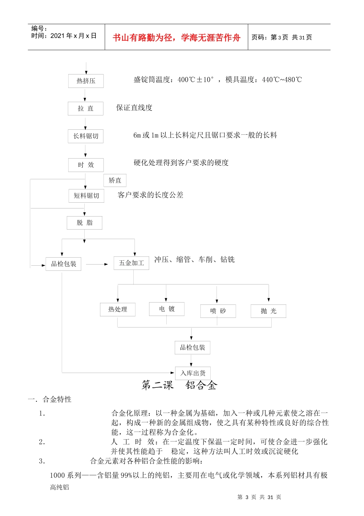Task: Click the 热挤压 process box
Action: pyautogui.click(x=86, y=81)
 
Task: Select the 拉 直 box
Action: pyautogui.click(x=85, y=109)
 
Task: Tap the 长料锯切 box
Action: pyautogui.click(x=85, y=136)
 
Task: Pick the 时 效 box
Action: pyautogui.click(x=86, y=165)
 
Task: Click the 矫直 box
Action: pyautogui.click(x=115, y=180)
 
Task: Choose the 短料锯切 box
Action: pyautogui.click(x=86, y=196)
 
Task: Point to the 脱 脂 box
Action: pyautogui.click(x=84, y=223)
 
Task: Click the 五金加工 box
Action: pyautogui.click(x=131, y=263)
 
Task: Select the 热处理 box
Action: pyautogui.click(x=117, y=309)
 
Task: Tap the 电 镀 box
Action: pyautogui.click(x=167, y=309)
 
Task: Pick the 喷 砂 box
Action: pyautogui.click(x=218, y=311)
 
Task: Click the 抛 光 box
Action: pyautogui.click(x=268, y=311)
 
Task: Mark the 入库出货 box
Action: pyautogui.click(x=193, y=373)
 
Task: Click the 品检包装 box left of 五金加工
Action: pyautogui.click(x=63, y=264)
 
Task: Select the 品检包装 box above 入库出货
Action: pyautogui.click(x=192, y=347)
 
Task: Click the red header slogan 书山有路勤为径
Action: pyautogui.click(x=176, y=38)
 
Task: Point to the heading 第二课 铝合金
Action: pyautogui.click(x=179, y=385)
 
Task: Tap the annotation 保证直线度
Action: pyautogui.click(x=134, y=108)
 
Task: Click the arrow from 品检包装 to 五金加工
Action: pyautogui.click(x=97, y=264)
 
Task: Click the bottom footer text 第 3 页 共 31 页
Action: pyautogui.click(x=259, y=497)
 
